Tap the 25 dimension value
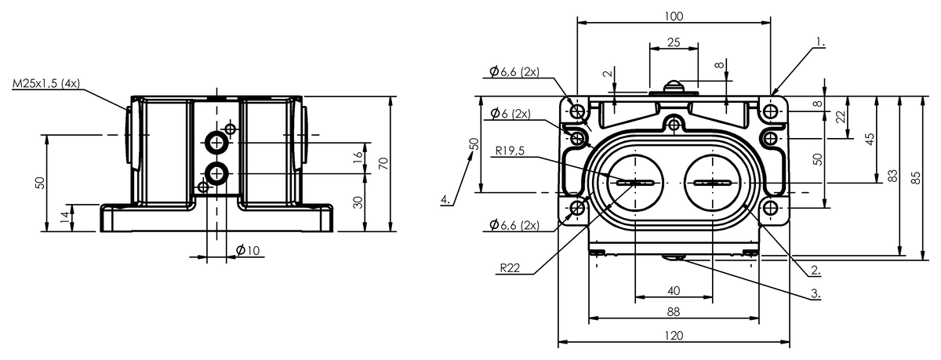(x=673, y=42)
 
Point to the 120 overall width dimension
(x=673, y=335)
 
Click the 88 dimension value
(x=673, y=311)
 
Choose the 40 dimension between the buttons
(x=673, y=290)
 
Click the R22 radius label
(x=510, y=267)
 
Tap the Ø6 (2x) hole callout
(x=510, y=114)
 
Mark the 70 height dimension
(x=383, y=163)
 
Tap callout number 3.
(x=816, y=294)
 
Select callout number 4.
(x=445, y=200)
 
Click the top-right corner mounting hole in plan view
(x=772, y=112)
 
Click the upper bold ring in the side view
(x=216, y=142)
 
